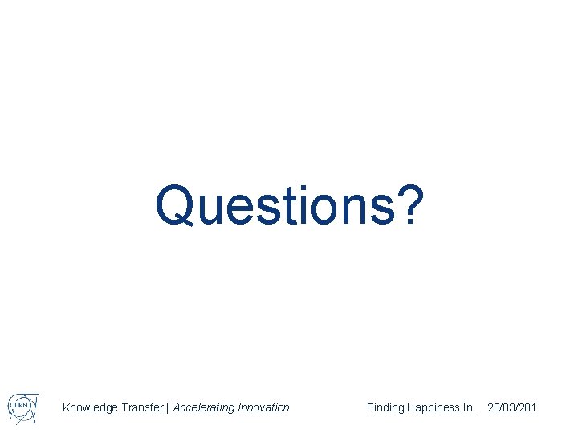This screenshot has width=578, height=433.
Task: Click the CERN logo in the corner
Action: coord(22,406)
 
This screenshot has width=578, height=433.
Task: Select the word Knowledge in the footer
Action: coord(91,408)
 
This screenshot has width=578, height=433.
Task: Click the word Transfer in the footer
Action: coord(142,407)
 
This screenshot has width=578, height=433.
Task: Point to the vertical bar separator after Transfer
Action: coord(168,407)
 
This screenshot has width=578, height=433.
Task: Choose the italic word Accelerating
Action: coord(204,407)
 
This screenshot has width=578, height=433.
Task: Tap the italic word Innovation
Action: coord(263,407)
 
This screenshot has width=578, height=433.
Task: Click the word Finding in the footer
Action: coord(385,407)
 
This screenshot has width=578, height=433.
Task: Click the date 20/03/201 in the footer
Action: coord(512,407)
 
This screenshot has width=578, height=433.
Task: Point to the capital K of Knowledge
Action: coord(67,407)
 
